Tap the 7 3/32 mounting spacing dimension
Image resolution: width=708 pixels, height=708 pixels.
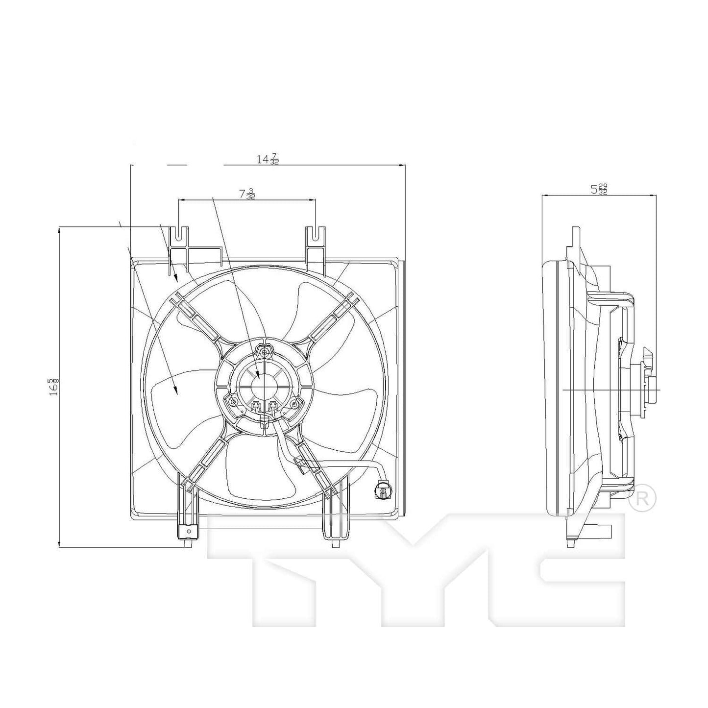point(247,194)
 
